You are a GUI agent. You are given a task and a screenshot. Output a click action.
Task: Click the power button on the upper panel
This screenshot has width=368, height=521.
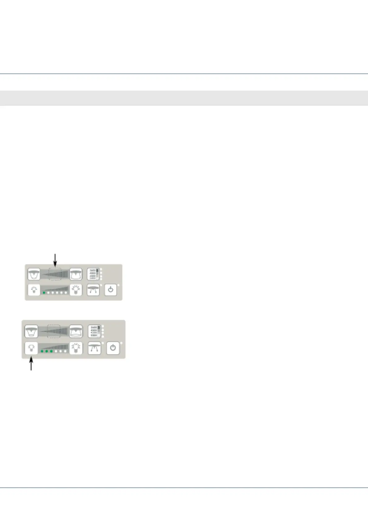click(111, 290)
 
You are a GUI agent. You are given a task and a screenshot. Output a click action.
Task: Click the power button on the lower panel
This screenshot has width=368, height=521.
click(113, 348)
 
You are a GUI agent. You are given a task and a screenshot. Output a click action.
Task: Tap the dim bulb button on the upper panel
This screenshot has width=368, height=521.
click(34, 290)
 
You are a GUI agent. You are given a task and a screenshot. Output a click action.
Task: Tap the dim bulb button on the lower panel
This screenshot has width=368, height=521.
click(31, 348)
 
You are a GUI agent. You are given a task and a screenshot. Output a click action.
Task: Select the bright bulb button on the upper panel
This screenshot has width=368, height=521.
click(76, 290)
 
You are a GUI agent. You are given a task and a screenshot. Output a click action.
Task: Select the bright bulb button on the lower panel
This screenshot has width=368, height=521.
click(76, 348)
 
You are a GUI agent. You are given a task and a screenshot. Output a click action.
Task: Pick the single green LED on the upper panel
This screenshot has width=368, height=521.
click(44, 293)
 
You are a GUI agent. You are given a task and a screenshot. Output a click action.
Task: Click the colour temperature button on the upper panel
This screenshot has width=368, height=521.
click(93, 274)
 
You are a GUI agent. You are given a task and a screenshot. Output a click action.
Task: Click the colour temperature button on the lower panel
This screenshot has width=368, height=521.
click(94, 331)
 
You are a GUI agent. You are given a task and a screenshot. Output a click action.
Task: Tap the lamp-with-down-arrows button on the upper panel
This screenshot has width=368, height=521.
click(93, 290)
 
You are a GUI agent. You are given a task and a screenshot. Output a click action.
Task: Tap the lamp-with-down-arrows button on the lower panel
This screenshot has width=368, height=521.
click(95, 348)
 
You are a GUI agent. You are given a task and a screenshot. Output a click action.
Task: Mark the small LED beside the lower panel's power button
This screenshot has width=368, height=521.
click(122, 343)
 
